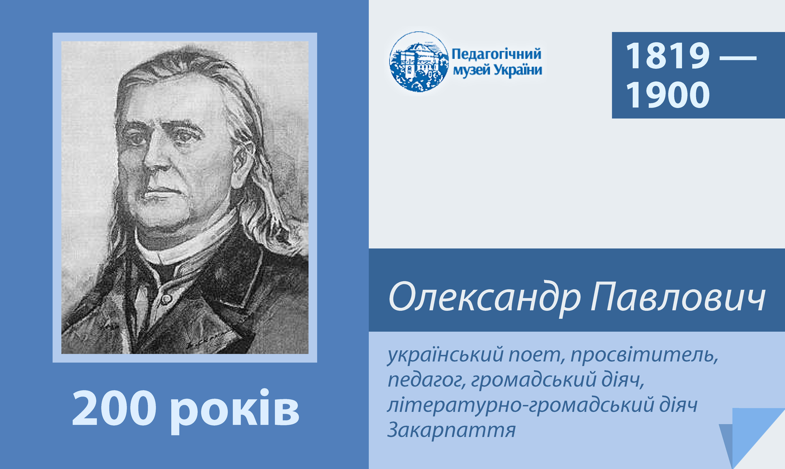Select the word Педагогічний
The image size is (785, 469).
click(496, 54)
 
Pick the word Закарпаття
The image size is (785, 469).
click(451, 430)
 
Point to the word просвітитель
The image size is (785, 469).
click(645, 355)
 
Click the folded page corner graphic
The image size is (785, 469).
click(752, 438)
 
